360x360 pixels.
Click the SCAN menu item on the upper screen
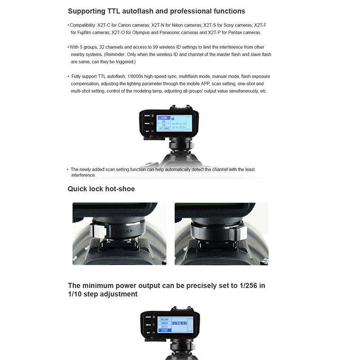coord(164,117)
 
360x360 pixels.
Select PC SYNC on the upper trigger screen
coord(164,129)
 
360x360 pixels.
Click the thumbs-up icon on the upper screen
coord(172,118)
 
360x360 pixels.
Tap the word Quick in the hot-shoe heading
coord(77,189)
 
